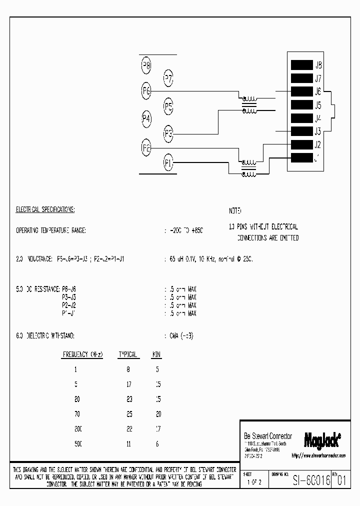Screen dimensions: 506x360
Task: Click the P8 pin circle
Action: coord(147,65)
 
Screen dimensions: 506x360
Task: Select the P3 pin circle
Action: coord(169,133)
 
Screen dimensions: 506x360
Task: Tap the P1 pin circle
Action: coord(169,162)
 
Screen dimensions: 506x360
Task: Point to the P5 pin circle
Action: coord(169,106)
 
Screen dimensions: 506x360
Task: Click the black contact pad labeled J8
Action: coord(301,65)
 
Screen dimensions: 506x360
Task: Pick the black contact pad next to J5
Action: coord(301,105)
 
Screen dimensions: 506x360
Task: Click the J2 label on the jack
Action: coord(317,145)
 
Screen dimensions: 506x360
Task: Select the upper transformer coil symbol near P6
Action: coord(249,99)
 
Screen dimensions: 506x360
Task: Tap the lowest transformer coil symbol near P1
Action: coord(248,173)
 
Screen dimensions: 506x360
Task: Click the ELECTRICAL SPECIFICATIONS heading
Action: coord(45,209)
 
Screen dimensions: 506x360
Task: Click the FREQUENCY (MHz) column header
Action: coord(83,354)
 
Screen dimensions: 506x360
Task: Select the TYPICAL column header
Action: coord(127,354)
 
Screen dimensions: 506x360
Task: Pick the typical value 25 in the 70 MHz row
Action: coord(128,414)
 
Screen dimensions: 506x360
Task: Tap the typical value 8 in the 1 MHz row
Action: coord(128,369)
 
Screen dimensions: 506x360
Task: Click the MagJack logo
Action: coord(322,439)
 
